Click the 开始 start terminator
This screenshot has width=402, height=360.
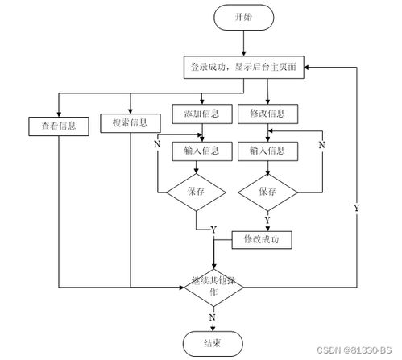(242, 18)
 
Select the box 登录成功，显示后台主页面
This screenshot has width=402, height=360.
(242, 68)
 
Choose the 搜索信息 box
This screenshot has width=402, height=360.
(129, 123)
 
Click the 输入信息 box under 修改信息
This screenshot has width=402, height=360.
(267, 151)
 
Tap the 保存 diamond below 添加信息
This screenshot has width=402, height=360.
(196, 192)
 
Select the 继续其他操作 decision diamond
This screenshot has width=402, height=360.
(213, 288)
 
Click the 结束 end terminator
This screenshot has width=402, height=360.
(213, 342)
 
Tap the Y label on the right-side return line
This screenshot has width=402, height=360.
(356, 208)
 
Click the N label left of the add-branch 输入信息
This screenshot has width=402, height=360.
(157, 146)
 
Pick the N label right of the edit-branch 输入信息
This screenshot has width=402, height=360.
(322, 145)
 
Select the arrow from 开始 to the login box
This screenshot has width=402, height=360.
(242, 44)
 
